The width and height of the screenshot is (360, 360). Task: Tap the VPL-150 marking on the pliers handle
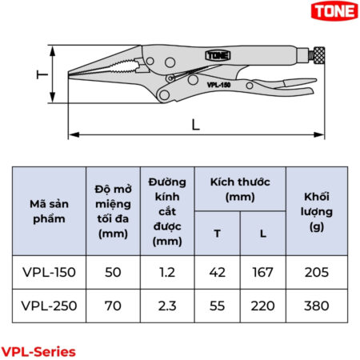click(218, 82)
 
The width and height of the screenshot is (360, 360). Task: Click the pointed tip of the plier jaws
click(72, 76)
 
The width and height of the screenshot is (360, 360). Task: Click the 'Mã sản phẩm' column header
click(49, 210)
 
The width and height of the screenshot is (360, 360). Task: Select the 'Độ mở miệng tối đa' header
click(113, 210)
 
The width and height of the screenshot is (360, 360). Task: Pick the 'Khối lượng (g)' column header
click(316, 210)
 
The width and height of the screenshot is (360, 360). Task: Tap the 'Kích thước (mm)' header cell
click(239, 189)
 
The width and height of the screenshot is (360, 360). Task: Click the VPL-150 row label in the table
click(49, 272)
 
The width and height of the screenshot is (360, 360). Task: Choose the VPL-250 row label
click(49, 306)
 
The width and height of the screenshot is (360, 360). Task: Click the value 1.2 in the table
click(166, 272)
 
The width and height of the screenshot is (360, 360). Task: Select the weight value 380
click(316, 306)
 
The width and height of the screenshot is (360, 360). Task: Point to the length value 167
click(262, 272)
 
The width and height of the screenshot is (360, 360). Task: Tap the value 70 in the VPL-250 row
click(113, 306)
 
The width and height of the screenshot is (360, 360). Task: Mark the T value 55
click(217, 306)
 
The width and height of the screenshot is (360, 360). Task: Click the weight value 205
click(316, 272)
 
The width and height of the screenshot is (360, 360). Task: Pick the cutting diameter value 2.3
click(166, 306)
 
